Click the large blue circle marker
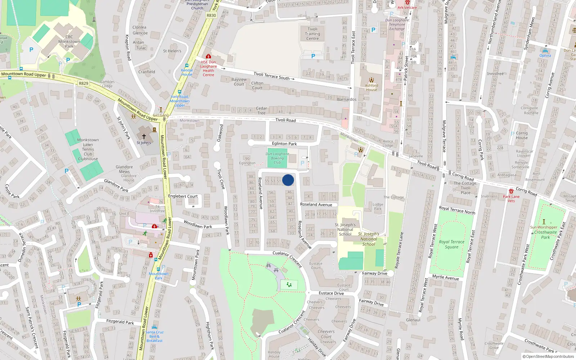288,180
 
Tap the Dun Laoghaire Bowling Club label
277,158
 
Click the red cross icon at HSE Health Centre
208,57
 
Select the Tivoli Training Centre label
312,34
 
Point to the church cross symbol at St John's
144,136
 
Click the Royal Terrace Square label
451,244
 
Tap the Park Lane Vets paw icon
511,191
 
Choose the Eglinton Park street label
284,144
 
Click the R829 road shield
83,83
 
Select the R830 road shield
211,15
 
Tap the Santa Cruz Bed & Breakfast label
154,336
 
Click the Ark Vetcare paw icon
408,2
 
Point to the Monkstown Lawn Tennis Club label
88,149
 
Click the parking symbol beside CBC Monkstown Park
31,50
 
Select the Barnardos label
347,99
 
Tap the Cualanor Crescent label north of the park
287,258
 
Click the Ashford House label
372,87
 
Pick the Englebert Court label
183,196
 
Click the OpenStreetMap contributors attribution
548,357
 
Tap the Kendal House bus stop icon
186,66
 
